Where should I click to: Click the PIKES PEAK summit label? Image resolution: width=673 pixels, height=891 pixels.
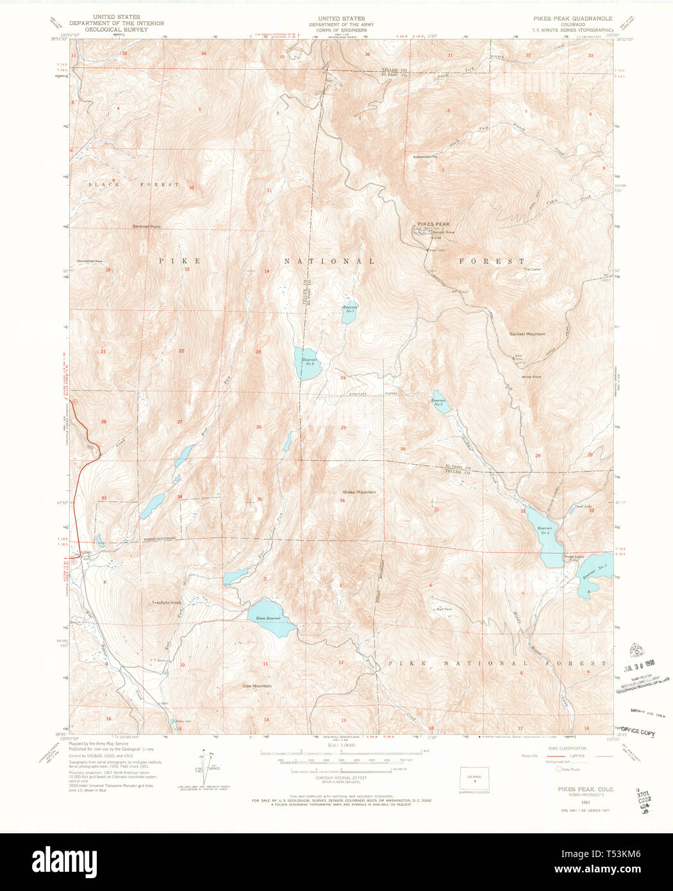[434, 224]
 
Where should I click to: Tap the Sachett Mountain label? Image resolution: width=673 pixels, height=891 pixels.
[527, 334]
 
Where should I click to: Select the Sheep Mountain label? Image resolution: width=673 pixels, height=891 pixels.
[359, 492]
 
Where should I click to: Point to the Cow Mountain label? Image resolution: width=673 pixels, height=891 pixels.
[256, 686]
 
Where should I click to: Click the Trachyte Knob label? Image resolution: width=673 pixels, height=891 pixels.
[167, 603]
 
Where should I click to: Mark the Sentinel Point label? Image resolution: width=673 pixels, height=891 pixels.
[146, 226]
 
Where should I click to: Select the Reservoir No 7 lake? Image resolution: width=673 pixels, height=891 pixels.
[349, 312]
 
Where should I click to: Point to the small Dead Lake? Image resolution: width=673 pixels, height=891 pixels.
[572, 512]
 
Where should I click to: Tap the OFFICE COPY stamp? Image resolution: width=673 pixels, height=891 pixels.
[638, 731]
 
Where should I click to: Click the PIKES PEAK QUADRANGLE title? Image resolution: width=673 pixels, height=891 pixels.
[572, 19]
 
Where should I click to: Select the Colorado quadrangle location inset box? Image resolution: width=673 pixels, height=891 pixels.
[474, 778]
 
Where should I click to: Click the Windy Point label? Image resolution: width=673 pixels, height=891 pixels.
[531, 377]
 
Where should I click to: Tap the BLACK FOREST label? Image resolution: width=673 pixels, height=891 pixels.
[133, 185]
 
